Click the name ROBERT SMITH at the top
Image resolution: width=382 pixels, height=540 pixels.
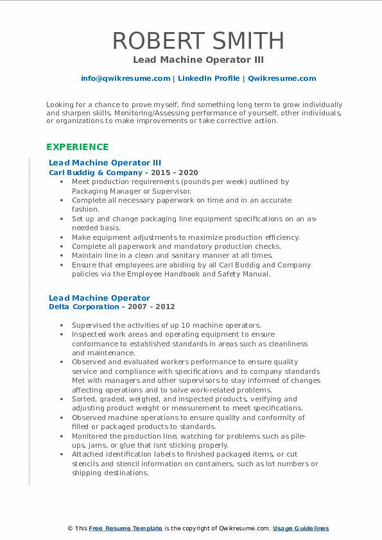pos(198,40)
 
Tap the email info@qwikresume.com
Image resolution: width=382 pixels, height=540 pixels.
pos(125,78)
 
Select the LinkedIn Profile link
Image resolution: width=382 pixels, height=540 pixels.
pos(209,78)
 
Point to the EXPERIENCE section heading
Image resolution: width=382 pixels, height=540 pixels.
pos(78,147)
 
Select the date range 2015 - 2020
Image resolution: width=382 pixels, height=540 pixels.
pos(174,173)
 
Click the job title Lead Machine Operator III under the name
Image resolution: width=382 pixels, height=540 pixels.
pos(198,60)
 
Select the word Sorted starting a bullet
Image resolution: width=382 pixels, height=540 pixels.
pos(84,399)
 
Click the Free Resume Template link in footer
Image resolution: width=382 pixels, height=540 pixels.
pos(126,528)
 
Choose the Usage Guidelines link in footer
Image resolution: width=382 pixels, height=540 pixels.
pos(300,528)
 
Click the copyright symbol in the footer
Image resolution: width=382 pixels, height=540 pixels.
pos(70,528)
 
